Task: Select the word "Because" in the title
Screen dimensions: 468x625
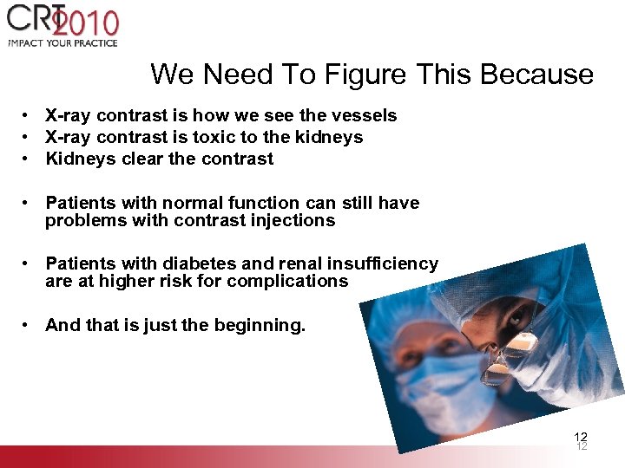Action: point(537,75)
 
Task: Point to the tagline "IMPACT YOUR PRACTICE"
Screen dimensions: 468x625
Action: point(62,42)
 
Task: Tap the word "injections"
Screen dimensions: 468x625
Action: point(292,220)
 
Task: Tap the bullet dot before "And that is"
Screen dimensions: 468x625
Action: point(29,326)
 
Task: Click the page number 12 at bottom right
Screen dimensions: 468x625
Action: point(581,439)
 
